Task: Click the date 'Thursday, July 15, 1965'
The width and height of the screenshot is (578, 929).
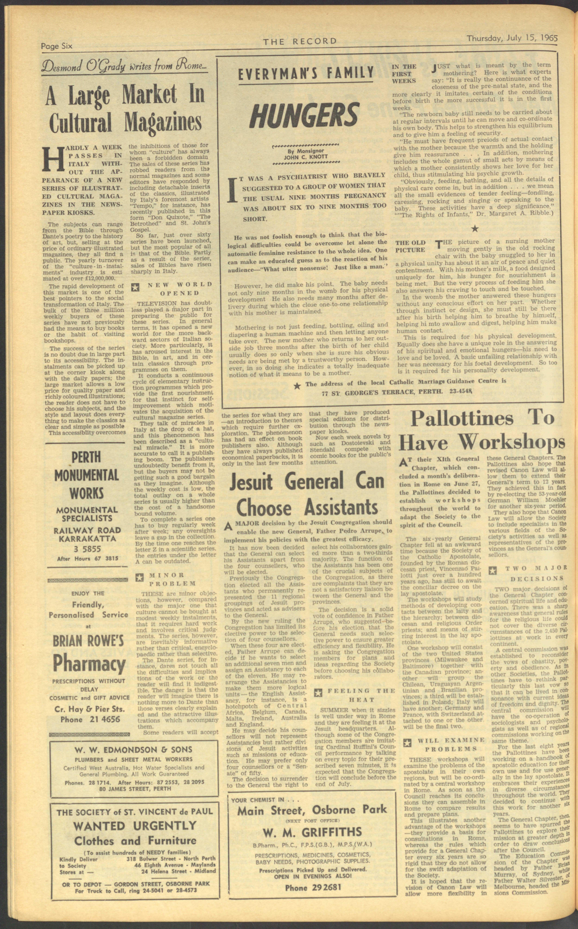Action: (512, 39)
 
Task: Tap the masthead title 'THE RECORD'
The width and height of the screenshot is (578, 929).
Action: (300, 41)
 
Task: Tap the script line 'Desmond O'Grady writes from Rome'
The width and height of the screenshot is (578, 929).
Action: (125, 68)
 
